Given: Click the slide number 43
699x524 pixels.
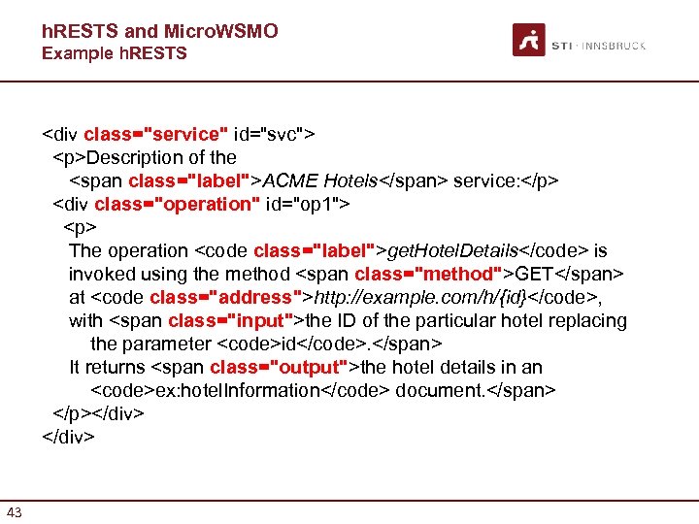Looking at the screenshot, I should tap(15, 512).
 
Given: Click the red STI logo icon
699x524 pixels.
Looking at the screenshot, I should tap(528, 40).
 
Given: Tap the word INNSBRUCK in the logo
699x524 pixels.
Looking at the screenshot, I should tap(616, 46).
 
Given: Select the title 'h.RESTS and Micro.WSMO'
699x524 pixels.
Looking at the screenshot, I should tap(159, 31).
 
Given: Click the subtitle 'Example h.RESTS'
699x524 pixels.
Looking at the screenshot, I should tap(114, 53).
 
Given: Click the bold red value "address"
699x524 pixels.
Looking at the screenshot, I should tap(252, 297).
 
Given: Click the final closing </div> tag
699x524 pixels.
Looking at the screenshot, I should tap(68, 437).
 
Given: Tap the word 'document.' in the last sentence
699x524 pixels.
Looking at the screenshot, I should tap(436, 390).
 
